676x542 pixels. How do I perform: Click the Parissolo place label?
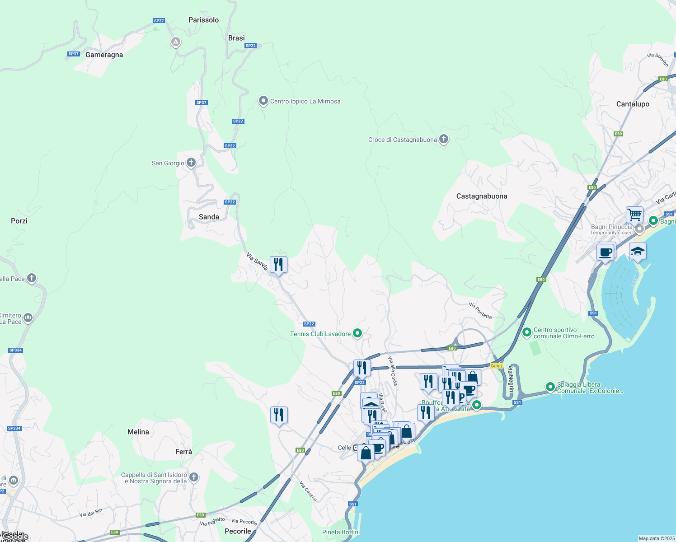[203, 20]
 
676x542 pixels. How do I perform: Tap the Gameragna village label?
[104, 55]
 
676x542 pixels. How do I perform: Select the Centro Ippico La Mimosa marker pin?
[263, 101]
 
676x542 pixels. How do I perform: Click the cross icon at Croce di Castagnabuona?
[444, 139]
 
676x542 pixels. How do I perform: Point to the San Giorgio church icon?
[191, 163]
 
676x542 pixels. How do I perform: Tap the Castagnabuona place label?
[482, 196]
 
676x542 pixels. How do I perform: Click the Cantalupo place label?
[633, 104]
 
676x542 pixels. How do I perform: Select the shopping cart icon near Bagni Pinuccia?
[634, 215]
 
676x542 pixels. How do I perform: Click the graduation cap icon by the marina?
[637, 251]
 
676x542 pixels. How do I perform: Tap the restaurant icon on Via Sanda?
[278, 265]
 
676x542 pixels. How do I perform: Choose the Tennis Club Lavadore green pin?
[357, 333]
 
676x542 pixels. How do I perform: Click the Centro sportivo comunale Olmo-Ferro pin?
[526, 332]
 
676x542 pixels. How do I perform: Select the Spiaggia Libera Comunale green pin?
[550, 387]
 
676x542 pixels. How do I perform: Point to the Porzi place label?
[19, 221]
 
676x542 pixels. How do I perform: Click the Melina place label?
[138, 432]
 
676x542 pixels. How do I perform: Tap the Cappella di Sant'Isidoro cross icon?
[194, 477]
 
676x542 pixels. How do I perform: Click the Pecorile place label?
[238, 531]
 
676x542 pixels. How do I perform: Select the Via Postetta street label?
[480, 311]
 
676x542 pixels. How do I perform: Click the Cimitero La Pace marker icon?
[28, 318]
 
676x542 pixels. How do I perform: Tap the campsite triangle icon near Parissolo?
[176, 42]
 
